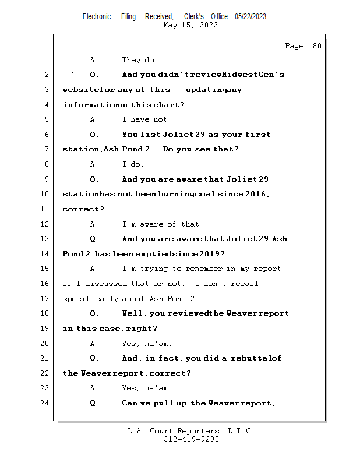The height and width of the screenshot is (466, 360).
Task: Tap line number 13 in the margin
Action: [46, 239]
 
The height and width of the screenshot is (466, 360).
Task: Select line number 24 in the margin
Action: [46, 403]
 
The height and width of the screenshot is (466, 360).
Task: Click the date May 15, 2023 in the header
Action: [191, 25]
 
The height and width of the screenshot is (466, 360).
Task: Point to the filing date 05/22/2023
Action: [250, 16]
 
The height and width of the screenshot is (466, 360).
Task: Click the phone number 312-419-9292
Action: [191, 439]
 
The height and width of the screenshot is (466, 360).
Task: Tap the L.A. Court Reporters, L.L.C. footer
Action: [191, 431]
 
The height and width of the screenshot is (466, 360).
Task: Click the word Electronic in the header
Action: [97, 16]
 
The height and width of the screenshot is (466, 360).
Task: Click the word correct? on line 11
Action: [84, 209]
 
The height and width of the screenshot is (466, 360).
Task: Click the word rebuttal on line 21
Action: [256, 358]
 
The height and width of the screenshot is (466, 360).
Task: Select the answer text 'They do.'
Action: [140, 60]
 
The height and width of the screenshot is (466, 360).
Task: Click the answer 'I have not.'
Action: [146, 119]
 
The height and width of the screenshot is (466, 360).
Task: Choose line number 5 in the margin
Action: [46, 119]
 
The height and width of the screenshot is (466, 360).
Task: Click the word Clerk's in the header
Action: [194, 16]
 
